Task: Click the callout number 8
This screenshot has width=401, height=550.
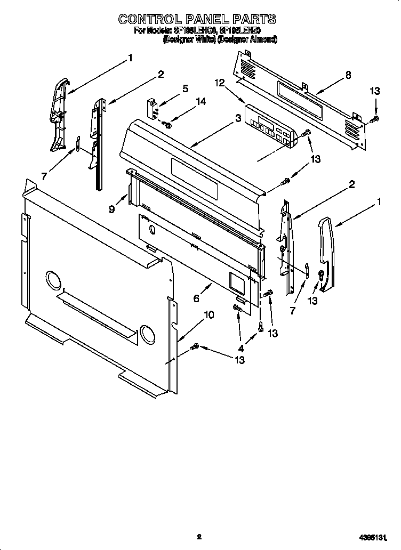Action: [x=348, y=75]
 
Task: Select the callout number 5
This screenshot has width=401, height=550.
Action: [x=185, y=88]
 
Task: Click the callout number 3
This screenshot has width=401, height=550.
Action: [x=237, y=119]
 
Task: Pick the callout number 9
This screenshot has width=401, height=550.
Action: [x=111, y=209]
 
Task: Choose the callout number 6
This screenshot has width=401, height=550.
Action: [x=196, y=299]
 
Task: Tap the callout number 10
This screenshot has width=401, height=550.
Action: [x=209, y=315]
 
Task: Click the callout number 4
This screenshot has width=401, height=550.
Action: [x=240, y=348]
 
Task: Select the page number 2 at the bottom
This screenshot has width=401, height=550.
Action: [x=198, y=537]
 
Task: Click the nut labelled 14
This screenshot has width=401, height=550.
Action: [x=167, y=125]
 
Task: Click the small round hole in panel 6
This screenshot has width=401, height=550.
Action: [x=153, y=231]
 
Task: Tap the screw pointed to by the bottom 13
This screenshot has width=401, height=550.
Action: [x=195, y=347]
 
